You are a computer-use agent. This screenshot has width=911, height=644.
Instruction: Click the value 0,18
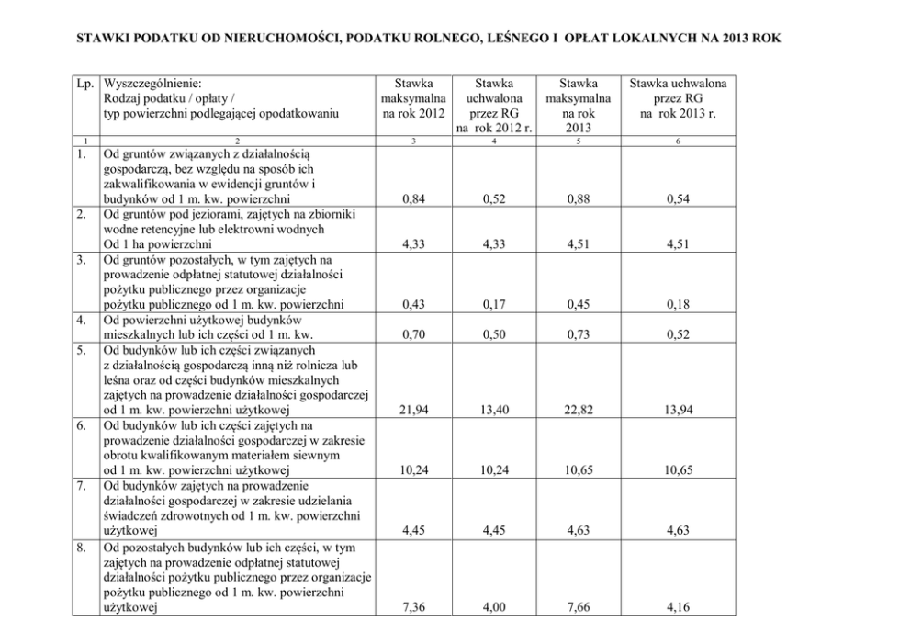(678, 304)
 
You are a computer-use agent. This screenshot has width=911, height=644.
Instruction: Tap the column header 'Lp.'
(84, 83)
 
